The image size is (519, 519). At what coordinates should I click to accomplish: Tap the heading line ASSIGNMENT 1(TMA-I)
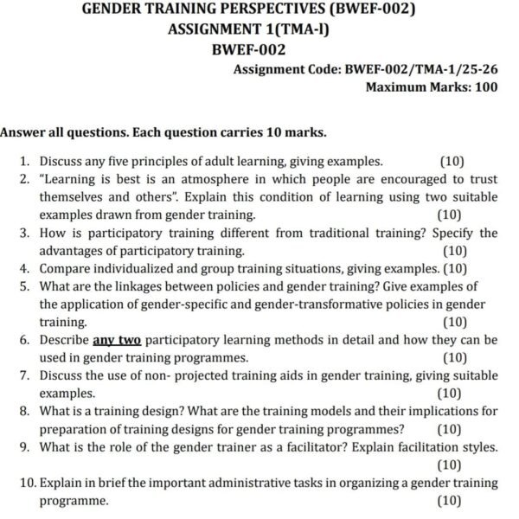click(x=259, y=30)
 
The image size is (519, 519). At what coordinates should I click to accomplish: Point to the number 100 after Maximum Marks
click(x=484, y=86)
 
